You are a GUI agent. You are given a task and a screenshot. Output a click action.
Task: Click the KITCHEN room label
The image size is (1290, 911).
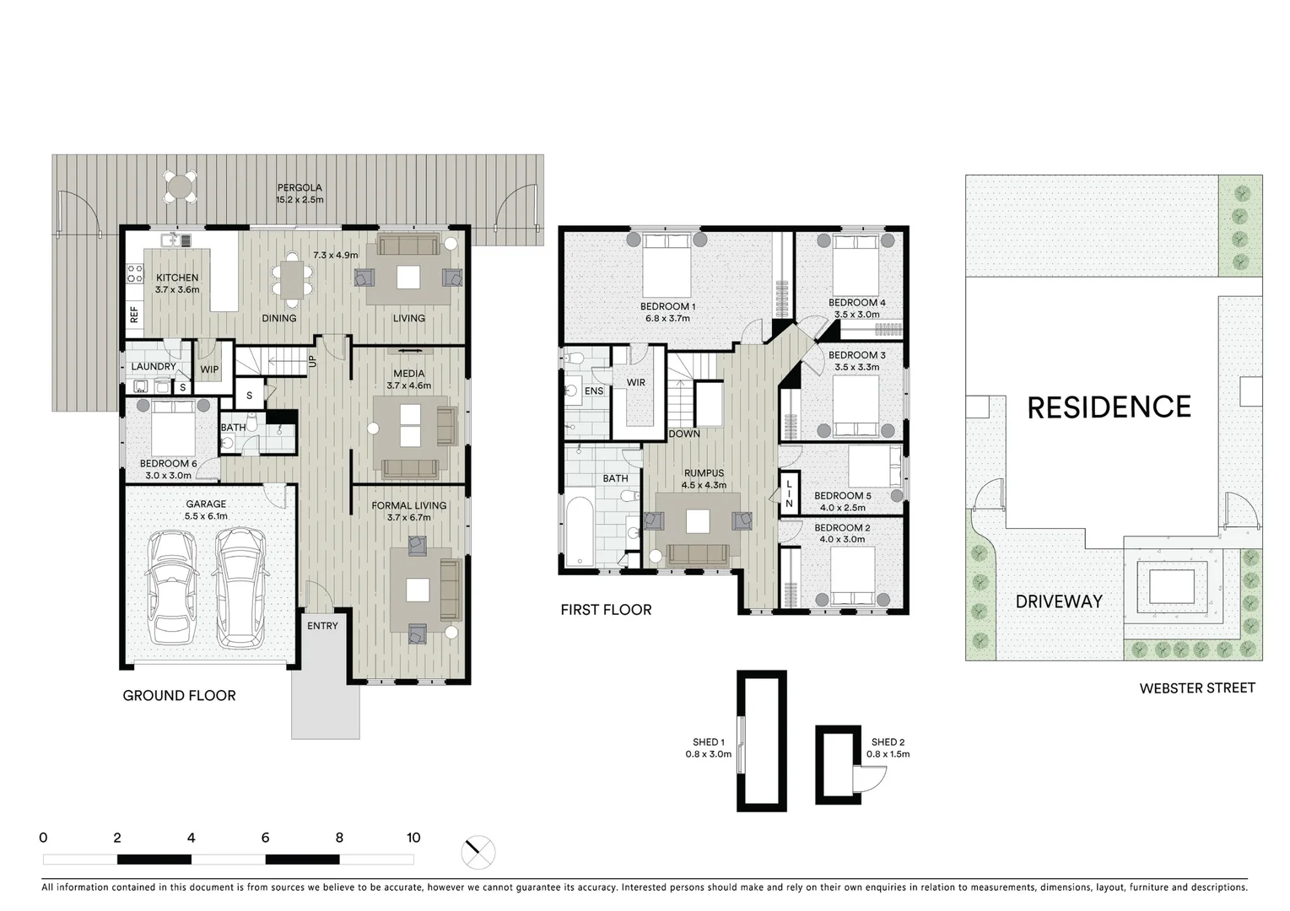point(177,278)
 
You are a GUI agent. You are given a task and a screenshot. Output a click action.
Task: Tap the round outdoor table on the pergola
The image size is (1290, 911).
point(181,186)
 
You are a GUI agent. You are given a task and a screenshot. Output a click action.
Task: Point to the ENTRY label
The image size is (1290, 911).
point(322,626)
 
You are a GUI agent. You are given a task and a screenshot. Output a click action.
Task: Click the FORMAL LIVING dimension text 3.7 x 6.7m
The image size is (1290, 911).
point(408,518)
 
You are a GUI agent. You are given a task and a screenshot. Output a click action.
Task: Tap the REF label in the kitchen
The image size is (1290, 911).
point(134,315)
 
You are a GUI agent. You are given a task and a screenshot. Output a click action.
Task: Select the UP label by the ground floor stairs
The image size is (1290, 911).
point(312,360)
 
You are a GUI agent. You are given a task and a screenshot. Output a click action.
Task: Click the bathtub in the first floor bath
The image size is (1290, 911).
point(580,531)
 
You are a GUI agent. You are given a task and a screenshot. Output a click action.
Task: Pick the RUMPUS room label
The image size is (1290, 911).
point(704,473)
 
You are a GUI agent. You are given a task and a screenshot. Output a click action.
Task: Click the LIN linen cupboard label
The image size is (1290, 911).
point(789,494)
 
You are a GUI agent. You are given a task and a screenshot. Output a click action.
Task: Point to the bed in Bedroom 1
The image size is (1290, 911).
point(667,264)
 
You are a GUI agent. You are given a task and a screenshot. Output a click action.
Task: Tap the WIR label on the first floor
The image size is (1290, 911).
point(636,383)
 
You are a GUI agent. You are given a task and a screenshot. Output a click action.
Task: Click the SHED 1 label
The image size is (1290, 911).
point(709,742)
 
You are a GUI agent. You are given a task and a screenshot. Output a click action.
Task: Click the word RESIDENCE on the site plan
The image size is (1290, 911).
point(1109,407)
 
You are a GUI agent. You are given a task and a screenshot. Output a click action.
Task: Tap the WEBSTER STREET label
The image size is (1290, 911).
point(1196,688)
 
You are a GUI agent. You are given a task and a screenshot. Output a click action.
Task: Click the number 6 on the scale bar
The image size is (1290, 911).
point(265,838)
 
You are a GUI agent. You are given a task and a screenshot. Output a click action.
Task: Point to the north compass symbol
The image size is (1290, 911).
point(478,852)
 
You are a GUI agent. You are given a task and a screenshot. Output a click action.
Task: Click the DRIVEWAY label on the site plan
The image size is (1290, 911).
point(1059,601)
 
